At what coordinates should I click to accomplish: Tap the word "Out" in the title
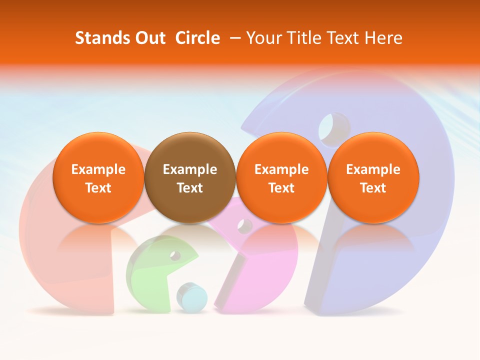(x=149, y=38)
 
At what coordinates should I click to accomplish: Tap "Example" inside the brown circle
(x=190, y=169)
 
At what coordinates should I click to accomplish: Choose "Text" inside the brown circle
(x=190, y=188)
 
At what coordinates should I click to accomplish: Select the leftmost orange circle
(x=98, y=178)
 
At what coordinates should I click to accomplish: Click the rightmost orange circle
(x=373, y=178)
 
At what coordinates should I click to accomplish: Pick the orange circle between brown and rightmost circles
(x=281, y=178)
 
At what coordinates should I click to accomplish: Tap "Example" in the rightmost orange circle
(x=373, y=169)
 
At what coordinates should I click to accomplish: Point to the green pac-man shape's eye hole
(x=175, y=255)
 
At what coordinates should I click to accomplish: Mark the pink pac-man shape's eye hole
(x=245, y=226)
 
